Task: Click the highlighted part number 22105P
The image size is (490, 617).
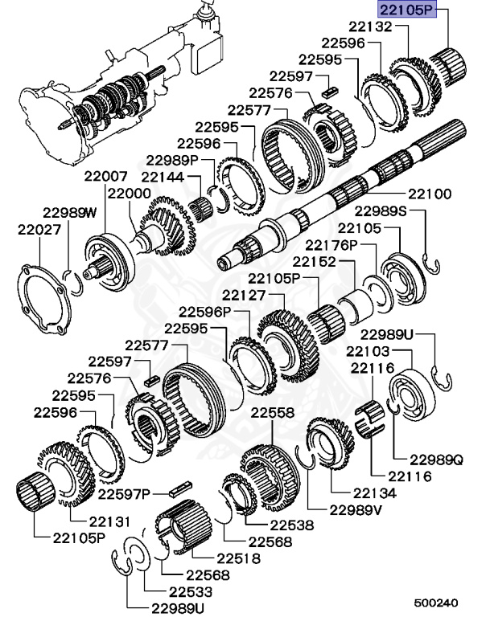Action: [407, 11]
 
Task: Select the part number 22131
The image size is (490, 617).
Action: [109, 521]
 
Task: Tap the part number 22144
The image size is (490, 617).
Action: [163, 176]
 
